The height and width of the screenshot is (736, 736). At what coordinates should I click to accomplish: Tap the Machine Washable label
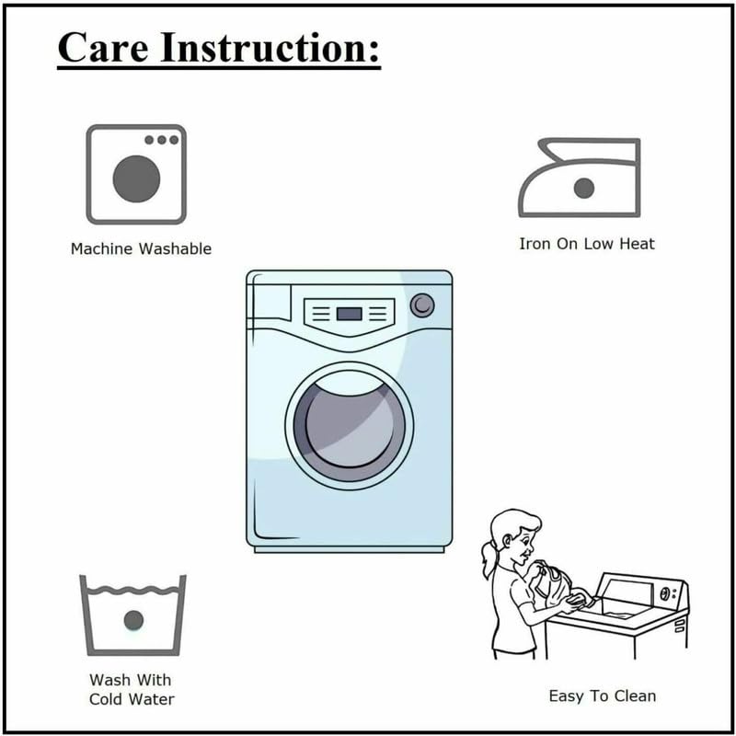pyautogui.click(x=141, y=248)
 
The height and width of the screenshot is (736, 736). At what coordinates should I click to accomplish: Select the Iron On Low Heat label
pyautogui.click(x=587, y=244)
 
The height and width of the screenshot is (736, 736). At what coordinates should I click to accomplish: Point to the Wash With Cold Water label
pyautogui.click(x=132, y=689)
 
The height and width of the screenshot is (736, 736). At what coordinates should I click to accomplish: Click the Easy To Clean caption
pyautogui.click(x=603, y=696)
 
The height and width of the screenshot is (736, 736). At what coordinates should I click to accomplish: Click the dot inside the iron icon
pyautogui.click(x=584, y=189)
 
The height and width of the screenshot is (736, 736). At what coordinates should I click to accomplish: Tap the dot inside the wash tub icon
pyautogui.click(x=133, y=620)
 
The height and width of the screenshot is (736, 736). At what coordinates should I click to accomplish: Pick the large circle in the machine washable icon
pyautogui.click(x=136, y=178)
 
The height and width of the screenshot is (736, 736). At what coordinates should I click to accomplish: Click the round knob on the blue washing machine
pyautogui.click(x=422, y=305)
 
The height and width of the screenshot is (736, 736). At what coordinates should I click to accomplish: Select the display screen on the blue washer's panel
pyautogui.click(x=350, y=314)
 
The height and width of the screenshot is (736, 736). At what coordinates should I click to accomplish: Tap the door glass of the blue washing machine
pyautogui.click(x=350, y=425)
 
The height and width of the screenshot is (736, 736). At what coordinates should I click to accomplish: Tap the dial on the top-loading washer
pyautogui.click(x=664, y=593)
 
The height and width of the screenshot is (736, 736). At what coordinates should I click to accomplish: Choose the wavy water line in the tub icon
pyautogui.click(x=133, y=590)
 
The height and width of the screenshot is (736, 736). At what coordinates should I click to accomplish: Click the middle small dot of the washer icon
pyautogui.click(x=162, y=140)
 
